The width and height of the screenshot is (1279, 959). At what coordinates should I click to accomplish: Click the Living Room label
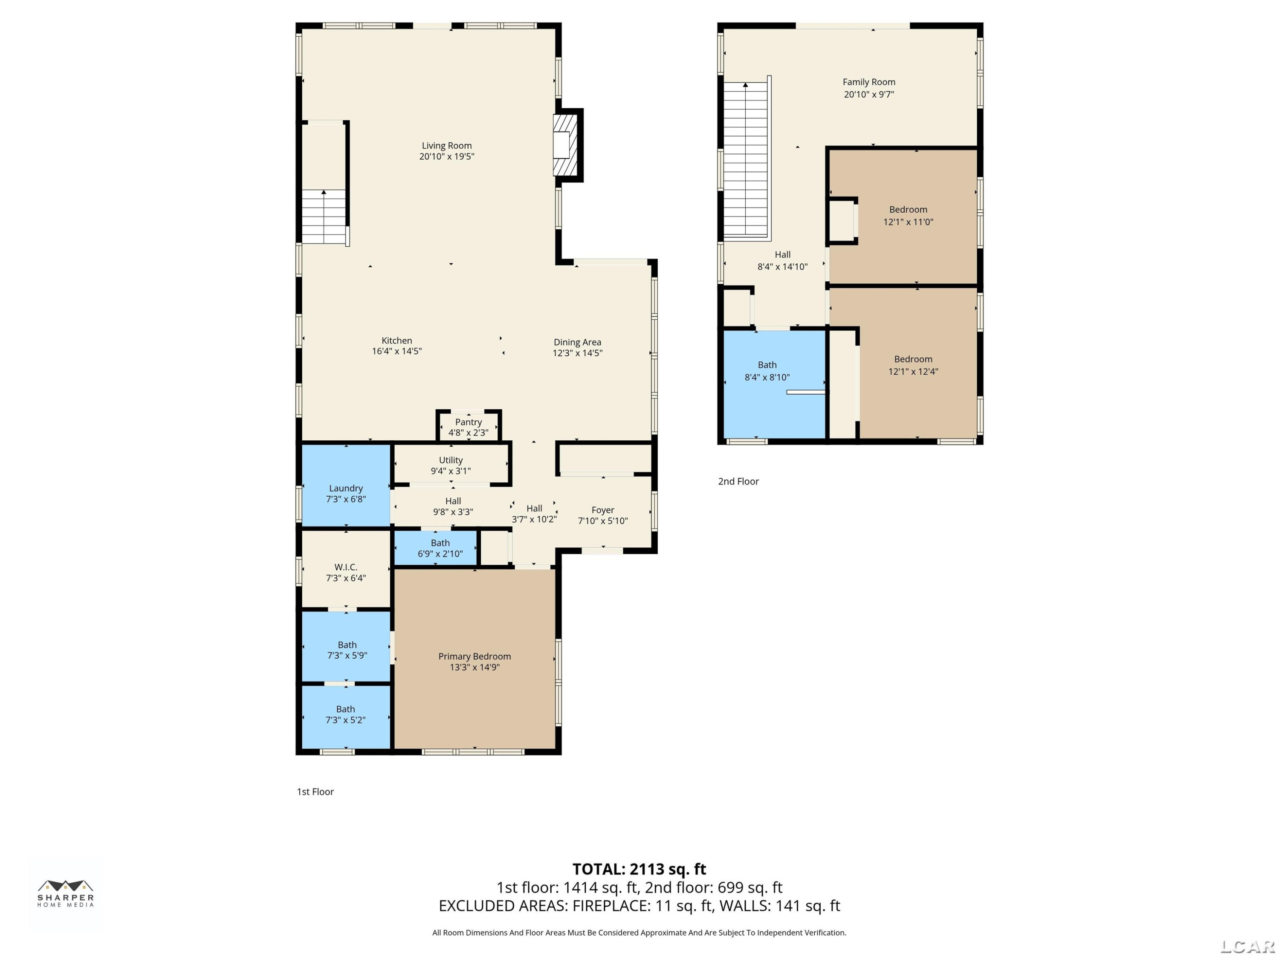[x=446, y=146]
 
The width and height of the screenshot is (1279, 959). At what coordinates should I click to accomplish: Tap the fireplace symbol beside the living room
[x=565, y=145]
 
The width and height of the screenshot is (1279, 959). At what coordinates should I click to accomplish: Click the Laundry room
[x=346, y=485]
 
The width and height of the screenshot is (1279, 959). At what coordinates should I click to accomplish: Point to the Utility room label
[x=451, y=460]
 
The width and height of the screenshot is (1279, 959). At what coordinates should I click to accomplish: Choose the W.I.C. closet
[x=346, y=569]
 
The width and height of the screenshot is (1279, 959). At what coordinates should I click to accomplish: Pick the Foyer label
[x=602, y=510]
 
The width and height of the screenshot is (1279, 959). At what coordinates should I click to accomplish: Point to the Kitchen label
[x=396, y=341]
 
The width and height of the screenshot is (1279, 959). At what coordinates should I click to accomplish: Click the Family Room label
[x=868, y=82]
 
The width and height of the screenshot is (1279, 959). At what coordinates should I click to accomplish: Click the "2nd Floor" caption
[x=738, y=482]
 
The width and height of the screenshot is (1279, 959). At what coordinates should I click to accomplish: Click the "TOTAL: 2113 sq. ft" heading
[x=639, y=869]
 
